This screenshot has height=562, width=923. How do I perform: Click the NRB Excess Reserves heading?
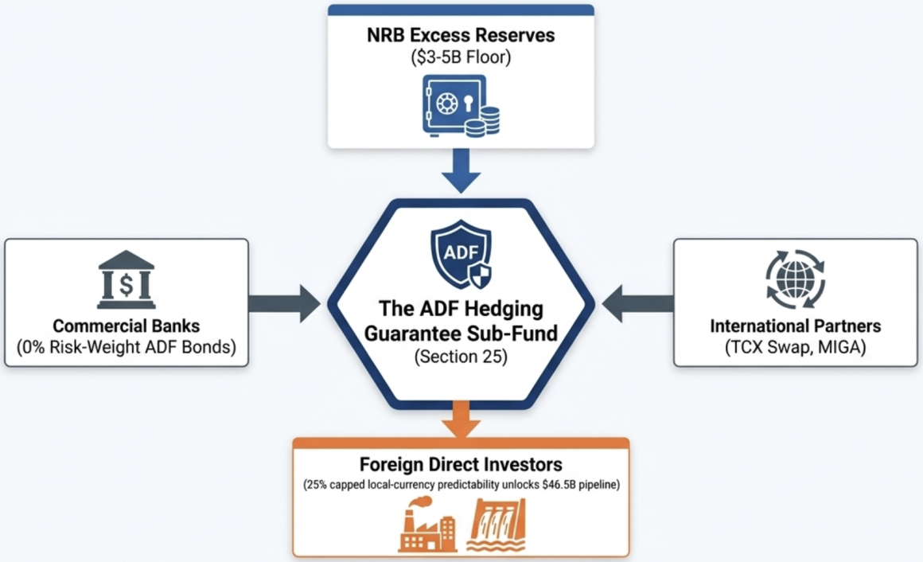tap(461, 36)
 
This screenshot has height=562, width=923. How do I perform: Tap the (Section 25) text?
tap(461, 357)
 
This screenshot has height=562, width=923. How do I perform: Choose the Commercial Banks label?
tap(126, 326)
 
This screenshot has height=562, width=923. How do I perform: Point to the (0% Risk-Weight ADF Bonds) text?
tap(126, 348)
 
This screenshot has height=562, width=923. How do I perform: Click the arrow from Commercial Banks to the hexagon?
tap(284, 303)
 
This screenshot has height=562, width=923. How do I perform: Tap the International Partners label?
tap(796, 326)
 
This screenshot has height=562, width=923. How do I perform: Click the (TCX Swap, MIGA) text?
tap(796, 348)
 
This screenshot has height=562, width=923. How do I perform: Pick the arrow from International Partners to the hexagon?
tap(638, 303)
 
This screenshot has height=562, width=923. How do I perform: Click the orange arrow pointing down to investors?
tap(461, 418)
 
